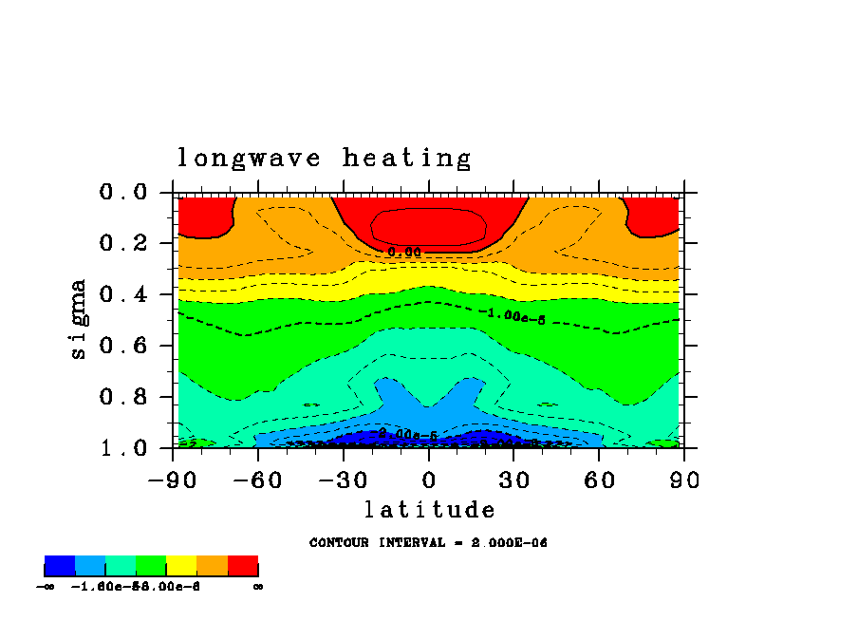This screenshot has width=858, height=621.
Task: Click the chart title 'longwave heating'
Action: [324, 158]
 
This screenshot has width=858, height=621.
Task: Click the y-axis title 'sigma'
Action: [79, 319]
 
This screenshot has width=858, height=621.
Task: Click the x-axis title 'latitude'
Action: [430, 510]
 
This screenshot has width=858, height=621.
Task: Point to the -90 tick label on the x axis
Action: [172, 480]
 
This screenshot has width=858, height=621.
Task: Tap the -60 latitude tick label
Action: [258, 480]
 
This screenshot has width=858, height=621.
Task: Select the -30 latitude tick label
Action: [344, 480]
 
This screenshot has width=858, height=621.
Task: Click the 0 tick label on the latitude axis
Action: [429, 480]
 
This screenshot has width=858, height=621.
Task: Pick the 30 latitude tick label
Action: [513, 480]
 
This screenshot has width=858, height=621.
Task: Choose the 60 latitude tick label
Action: [599, 480]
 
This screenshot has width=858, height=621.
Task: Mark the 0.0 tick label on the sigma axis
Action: [123, 193]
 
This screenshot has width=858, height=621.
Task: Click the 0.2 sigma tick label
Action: [123, 244]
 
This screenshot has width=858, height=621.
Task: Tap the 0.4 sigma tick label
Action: [123, 294]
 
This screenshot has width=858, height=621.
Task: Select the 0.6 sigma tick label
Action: [123, 346]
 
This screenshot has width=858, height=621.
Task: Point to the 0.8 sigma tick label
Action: [123, 397]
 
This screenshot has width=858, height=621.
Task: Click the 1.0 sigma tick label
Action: [123, 447]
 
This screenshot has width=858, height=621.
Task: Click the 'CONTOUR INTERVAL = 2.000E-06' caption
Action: [429, 543]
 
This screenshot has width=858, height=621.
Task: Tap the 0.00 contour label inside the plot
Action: [403, 252]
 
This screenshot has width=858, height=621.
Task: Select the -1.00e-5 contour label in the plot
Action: [512, 315]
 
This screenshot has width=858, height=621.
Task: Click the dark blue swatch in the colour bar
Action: [60, 566]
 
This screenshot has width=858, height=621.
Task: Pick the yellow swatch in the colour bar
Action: [181, 566]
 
